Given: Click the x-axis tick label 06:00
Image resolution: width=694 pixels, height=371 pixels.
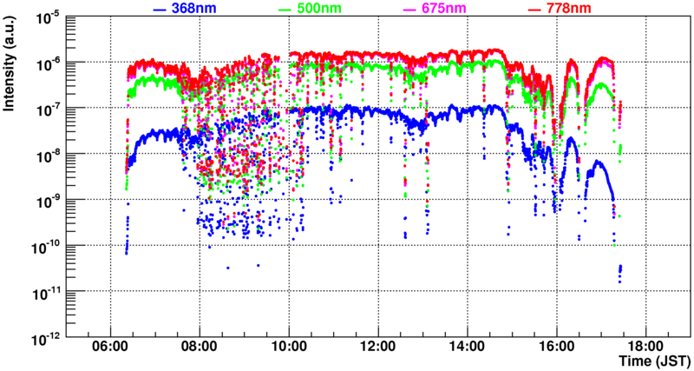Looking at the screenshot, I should pos(110,346).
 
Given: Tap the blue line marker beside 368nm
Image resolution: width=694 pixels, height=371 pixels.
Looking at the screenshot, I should pos(159,9).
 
